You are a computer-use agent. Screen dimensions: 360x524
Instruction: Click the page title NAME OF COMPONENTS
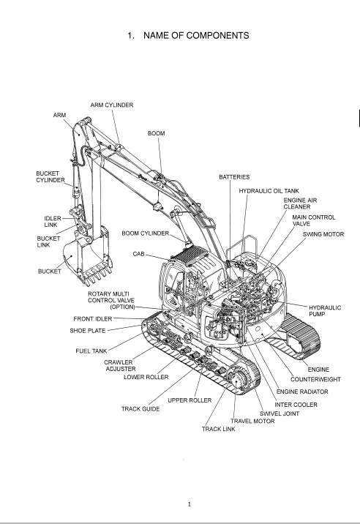196,35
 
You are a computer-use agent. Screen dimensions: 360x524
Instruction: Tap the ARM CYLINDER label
112,105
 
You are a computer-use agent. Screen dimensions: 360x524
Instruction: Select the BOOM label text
156,133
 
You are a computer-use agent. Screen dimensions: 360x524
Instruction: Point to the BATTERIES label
234,177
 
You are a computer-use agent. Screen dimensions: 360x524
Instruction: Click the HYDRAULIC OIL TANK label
269,191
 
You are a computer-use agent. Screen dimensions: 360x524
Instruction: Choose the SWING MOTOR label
323,234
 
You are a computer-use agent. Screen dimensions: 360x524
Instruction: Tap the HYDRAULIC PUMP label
325,311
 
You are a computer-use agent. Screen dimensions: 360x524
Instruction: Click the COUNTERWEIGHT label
315,379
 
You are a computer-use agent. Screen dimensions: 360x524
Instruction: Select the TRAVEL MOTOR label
252,421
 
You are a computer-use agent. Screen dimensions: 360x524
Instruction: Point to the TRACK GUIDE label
140,408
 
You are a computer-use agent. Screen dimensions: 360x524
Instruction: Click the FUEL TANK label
91,351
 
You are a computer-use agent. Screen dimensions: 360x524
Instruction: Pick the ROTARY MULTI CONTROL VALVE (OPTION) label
111,301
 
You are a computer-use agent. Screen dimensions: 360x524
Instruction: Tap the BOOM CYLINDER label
145,233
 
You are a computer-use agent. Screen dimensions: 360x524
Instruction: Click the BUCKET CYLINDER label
50,177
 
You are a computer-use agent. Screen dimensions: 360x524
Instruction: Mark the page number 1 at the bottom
190,504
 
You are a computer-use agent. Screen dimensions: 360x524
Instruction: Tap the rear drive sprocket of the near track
238,381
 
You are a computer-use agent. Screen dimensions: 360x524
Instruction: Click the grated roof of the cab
190,255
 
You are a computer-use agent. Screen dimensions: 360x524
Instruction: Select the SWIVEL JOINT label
280,413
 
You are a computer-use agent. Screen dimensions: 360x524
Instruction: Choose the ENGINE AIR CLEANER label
300,203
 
